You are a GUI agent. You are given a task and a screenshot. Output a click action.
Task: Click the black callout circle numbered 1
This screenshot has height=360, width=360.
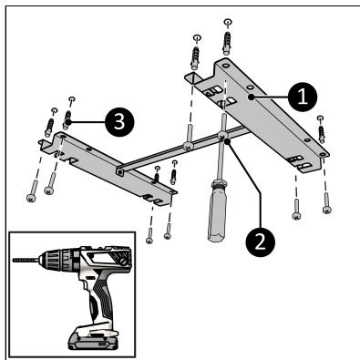[303, 97]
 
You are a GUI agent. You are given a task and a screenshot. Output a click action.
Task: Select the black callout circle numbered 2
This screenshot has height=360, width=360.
[261, 242]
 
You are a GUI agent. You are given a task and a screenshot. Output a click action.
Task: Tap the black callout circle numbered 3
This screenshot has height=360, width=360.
[119, 122]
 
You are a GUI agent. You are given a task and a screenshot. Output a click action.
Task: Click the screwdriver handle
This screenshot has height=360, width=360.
[217, 211]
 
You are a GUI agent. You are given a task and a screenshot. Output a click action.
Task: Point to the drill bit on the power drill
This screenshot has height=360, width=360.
[26, 260]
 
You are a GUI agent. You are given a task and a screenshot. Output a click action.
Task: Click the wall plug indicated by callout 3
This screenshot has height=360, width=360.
[67, 120]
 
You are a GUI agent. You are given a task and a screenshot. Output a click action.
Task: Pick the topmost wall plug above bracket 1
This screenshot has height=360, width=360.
[227, 42]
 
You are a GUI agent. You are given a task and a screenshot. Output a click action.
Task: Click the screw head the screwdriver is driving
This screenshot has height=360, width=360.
[222, 136]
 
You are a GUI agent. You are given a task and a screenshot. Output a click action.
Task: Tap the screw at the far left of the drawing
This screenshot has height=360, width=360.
[33, 190]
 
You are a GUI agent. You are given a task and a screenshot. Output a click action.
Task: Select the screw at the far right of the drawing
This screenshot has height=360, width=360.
[326, 203]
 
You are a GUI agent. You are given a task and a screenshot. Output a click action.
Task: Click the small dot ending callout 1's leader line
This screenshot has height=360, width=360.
[251, 97]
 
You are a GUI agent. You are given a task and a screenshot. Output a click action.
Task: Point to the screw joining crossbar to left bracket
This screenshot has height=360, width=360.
[120, 172]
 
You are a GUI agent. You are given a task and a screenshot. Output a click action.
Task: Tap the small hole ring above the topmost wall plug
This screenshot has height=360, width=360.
[228, 22]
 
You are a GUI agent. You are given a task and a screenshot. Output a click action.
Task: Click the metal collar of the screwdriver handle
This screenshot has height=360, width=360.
[219, 184]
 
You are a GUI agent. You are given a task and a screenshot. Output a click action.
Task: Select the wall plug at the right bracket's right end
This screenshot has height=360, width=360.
[321, 134]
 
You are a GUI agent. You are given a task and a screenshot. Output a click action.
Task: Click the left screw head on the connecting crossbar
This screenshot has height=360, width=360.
[188, 146]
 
